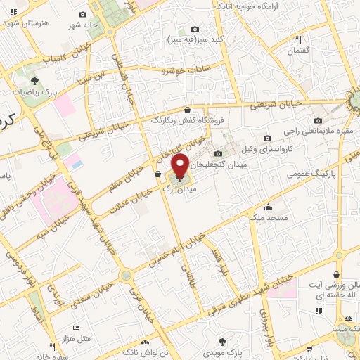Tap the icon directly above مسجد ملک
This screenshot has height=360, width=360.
pos(267,207)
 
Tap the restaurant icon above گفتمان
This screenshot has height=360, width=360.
pos(300,40)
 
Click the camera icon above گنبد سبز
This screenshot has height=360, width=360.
pos(195,30)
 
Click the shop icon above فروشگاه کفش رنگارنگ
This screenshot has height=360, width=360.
pos(187,110)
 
